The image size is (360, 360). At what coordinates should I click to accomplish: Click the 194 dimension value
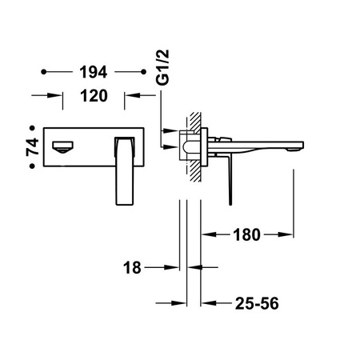(94, 72)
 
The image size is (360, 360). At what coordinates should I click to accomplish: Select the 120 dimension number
(94, 96)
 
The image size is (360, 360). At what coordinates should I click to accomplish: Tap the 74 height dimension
(32, 147)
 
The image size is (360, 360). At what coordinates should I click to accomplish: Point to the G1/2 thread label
(162, 67)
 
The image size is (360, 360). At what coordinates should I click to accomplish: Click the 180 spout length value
(246, 235)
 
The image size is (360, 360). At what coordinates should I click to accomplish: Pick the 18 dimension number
(132, 267)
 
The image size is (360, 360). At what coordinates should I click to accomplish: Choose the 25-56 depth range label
(257, 303)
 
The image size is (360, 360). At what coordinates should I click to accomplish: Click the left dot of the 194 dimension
(44, 72)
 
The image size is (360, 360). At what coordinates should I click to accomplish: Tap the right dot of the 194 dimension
(143, 72)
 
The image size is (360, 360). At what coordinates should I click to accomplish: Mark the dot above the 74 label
(32, 128)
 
